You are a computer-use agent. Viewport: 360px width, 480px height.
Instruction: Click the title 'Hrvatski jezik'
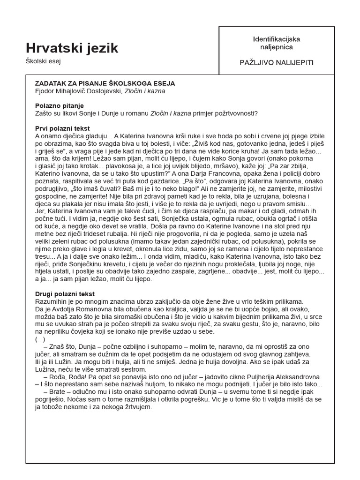[x=72, y=48]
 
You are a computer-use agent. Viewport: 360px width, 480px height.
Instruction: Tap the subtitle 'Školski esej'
[x=44, y=61]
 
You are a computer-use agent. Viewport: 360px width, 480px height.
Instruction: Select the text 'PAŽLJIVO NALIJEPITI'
[x=277, y=62]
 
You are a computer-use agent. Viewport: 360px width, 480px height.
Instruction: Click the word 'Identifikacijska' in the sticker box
[x=277, y=39]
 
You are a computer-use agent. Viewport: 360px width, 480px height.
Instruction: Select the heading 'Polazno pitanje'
[x=59, y=106]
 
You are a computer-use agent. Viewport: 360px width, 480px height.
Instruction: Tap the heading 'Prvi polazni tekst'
[x=62, y=128]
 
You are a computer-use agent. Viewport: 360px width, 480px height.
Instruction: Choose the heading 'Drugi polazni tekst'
[x=65, y=294]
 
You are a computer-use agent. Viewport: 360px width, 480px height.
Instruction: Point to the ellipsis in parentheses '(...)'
[x=40, y=339]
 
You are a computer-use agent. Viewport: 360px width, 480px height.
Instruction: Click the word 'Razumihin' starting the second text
[x=52, y=301]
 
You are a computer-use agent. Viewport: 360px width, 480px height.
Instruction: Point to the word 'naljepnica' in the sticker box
[x=277, y=47]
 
